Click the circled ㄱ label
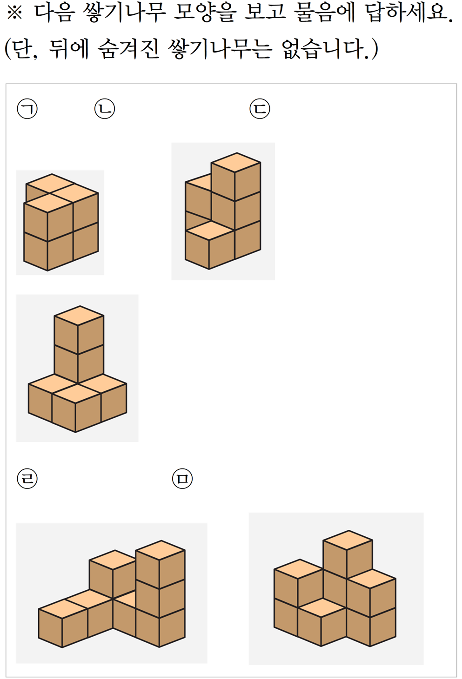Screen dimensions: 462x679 tap(27, 109)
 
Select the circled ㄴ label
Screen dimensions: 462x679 tap(104, 109)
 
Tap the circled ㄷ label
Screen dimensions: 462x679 tap(260, 109)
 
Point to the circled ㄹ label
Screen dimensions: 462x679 tap(27, 479)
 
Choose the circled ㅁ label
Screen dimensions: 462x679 tap(182, 479)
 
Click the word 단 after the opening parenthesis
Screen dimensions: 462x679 tap(23, 48)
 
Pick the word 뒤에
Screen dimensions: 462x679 tap(68, 48)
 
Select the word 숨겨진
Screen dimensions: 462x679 tap(128, 48)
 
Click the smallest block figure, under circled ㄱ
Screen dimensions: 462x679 tap(61, 222)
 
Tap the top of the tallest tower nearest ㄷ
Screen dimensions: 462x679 tap(236, 163)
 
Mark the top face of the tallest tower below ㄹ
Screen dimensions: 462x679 tap(160, 550)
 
